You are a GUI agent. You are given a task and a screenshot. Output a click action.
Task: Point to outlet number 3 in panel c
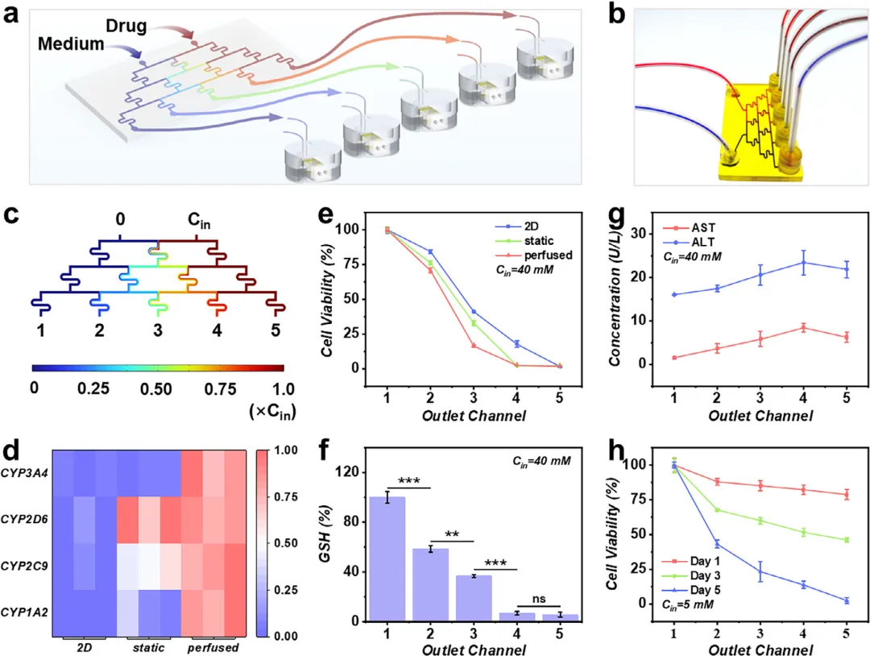point(159,330)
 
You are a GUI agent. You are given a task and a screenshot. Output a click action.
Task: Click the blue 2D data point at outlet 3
point(473,312)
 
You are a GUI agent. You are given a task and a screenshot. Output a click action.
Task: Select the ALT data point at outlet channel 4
point(802,262)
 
